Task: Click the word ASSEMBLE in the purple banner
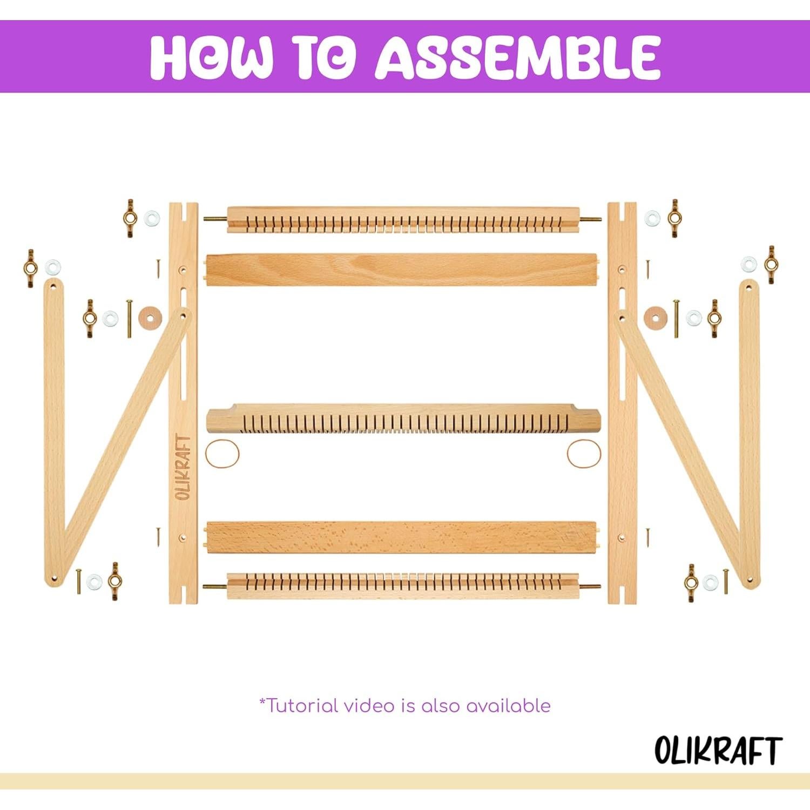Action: pyautogui.click(x=518, y=57)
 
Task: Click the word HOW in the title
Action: pyautogui.click(x=211, y=57)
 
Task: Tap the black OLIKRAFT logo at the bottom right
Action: pyautogui.click(x=718, y=750)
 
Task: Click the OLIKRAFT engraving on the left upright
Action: pyautogui.click(x=184, y=467)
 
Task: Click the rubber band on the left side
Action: pyautogui.click(x=222, y=453)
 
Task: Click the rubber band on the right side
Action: pyautogui.click(x=584, y=453)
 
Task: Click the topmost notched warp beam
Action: pyautogui.click(x=402, y=220)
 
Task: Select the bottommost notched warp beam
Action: pyautogui.click(x=402, y=586)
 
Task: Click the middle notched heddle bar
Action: pyautogui.click(x=402, y=420)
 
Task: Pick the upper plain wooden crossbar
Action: pyautogui.click(x=402, y=269)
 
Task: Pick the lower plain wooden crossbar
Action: pyautogui.click(x=402, y=537)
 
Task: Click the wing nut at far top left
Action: pyautogui.click(x=30, y=261)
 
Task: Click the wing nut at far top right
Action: pyautogui.click(x=771, y=264)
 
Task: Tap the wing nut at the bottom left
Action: pyautogui.click(x=114, y=581)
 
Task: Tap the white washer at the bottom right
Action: pyautogui.click(x=710, y=582)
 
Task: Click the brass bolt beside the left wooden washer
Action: pyautogui.click(x=130, y=319)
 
